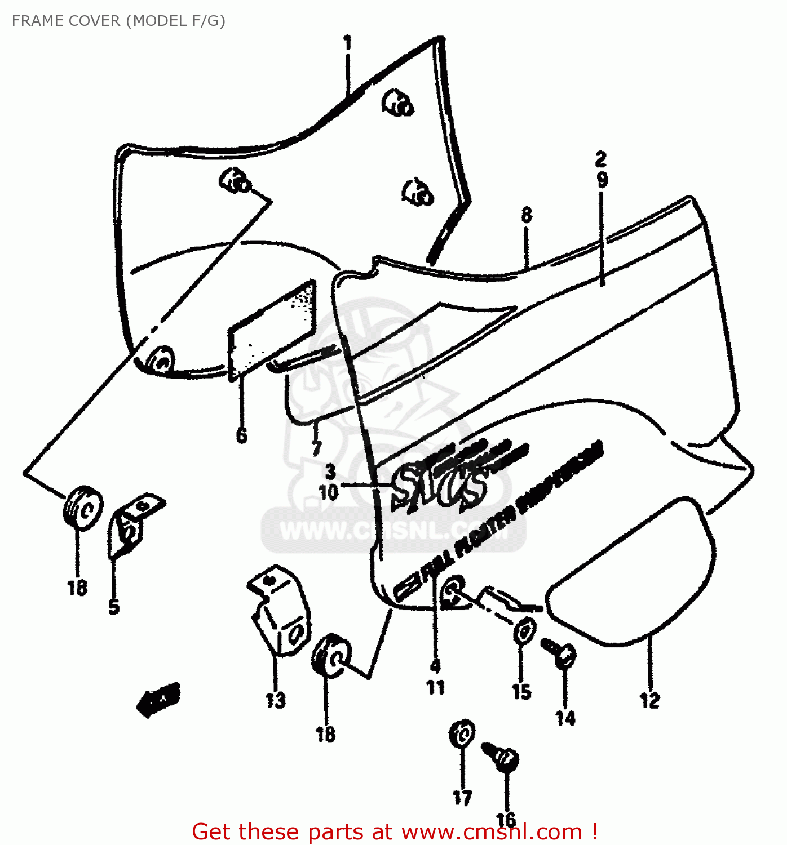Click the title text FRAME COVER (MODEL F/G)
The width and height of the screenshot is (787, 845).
tap(118, 21)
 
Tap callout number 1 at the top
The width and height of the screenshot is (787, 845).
tap(348, 43)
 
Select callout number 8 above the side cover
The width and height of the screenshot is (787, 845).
tap(526, 215)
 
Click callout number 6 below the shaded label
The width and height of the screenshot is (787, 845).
tap(241, 435)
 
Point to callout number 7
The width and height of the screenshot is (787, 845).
tap(316, 448)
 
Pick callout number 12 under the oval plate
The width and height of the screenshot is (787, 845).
tap(649, 700)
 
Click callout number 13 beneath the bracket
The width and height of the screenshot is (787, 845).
tap(276, 700)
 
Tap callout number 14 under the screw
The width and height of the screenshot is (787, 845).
tap(565, 718)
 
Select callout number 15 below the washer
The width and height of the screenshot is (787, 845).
tap(521, 692)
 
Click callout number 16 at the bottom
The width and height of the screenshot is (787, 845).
tap(506, 820)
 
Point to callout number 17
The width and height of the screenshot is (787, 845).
tap(462, 797)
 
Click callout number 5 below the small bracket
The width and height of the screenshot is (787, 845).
tap(114, 607)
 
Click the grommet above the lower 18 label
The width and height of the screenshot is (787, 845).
tap(331, 655)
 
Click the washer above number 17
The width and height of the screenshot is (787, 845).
tap(462, 734)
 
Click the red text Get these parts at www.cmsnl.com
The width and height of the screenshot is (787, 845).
tap(395, 831)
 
